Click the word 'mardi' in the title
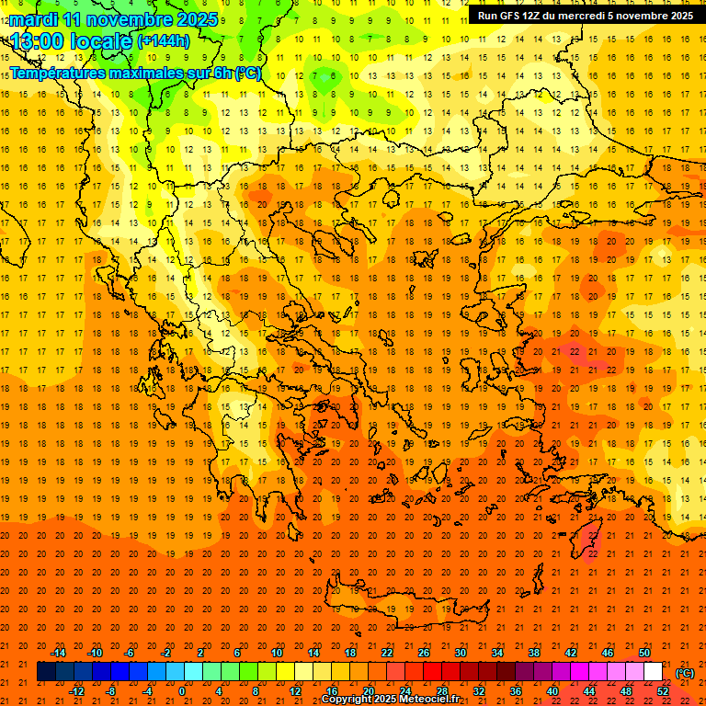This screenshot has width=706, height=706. (x=33, y=19)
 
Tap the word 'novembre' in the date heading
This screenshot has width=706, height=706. (x=129, y=19)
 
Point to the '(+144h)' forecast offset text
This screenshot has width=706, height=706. (x=163, y=41)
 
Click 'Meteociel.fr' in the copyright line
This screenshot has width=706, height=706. (x=429, y=700)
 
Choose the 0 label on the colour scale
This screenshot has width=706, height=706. (x=181, y=691)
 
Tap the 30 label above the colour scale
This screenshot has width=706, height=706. (x=460, y=653)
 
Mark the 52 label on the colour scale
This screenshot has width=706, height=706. (x=663, y=691)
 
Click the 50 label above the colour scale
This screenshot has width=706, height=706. (x=644, y=653)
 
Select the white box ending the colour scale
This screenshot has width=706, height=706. (x=653, y=672)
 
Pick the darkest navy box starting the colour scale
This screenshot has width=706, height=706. (x=46, y=672)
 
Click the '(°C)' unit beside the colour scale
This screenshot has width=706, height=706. (x=685, y=673)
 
